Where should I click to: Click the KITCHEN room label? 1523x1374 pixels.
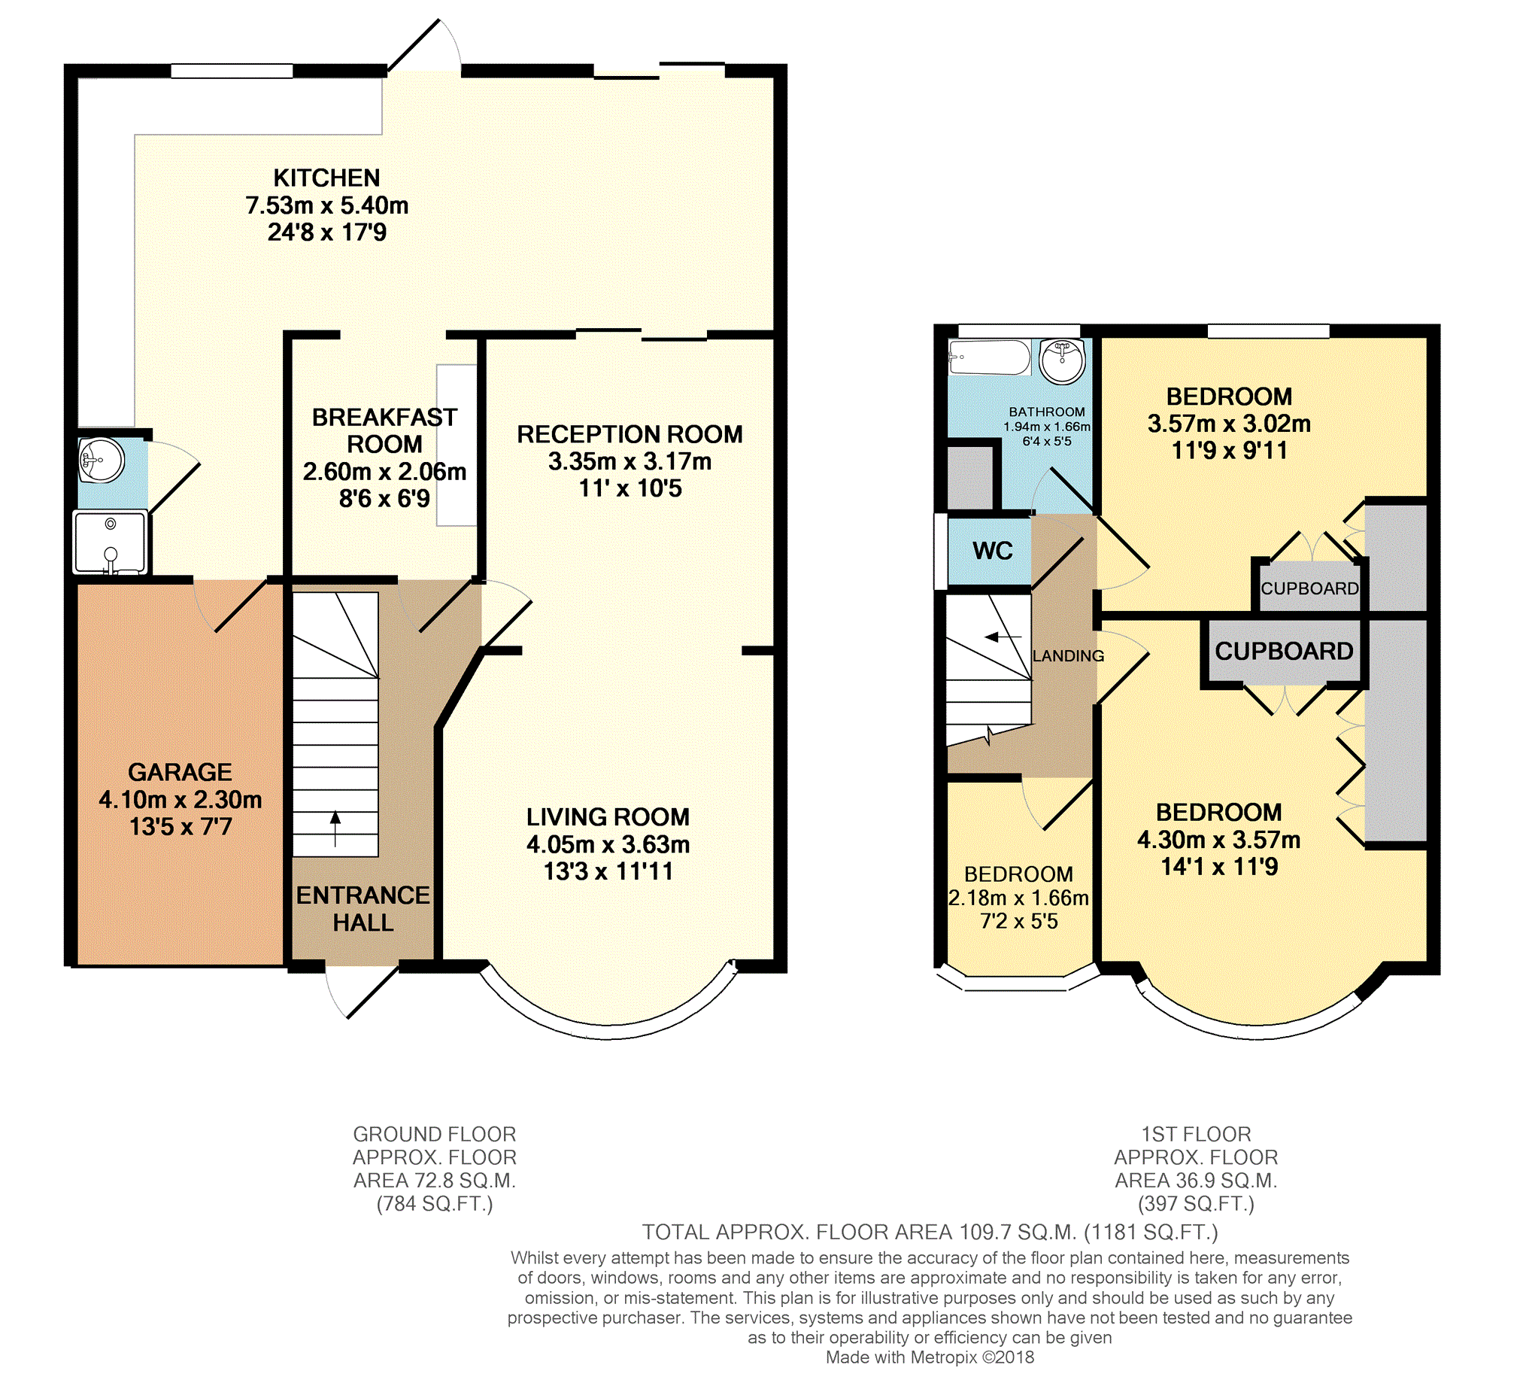327,178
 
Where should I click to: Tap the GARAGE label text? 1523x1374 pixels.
180,772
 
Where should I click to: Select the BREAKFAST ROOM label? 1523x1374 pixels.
384,430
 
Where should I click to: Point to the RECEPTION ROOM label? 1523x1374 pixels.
630,434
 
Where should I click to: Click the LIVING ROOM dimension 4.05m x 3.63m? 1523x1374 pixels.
608,844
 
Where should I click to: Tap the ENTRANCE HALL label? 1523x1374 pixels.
363,909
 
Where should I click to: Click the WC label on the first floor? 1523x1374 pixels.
993,550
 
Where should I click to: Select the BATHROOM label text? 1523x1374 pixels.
1047,412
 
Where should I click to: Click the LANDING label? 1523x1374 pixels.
1068,656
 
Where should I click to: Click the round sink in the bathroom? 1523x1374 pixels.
1063,360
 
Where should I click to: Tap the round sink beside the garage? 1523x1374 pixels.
101,459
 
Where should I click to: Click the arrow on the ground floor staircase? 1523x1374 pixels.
335,828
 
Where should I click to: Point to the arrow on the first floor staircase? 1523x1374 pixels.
1003,637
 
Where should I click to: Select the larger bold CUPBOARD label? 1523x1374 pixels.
1284,651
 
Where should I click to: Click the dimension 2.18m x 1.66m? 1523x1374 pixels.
1018,898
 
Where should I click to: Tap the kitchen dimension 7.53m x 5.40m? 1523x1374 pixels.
327,205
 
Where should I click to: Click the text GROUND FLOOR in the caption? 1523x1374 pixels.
435,1134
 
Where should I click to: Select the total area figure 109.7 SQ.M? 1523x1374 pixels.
1017,1232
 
